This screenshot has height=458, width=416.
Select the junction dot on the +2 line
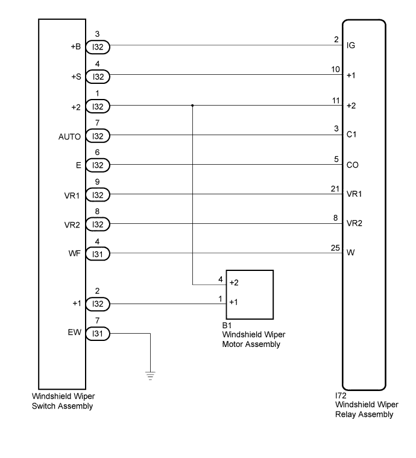click(x=192, y=105)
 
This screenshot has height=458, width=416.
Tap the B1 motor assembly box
click(x=250, y=294)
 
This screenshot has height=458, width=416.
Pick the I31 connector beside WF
click(x=98, y=254)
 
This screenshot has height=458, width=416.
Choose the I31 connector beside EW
click(x=98, y=333)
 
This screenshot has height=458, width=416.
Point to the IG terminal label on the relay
click(x=351, y=45)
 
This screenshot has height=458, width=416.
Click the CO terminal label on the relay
click(x=353, y=164)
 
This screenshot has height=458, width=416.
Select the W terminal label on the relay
click(x=351, y=253)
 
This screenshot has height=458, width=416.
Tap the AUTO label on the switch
click(x=70, y=137)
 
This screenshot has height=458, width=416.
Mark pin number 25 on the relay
click(x=336, y=247)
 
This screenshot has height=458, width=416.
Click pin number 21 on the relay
click(x=336, y=189)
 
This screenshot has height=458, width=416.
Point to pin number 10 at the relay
click(x=336, y=69)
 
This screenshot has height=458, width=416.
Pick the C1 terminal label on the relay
click(x=352, y=135)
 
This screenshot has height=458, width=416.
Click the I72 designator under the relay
click(x=340, y=396)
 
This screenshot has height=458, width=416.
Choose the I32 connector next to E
click(x=98, y=165)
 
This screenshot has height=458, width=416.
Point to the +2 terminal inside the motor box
click(x=235, y=282)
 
